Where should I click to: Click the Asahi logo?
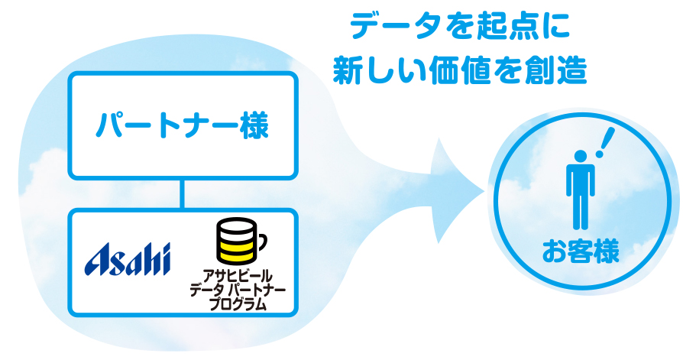coord(127,259)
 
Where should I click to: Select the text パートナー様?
coord(183,125)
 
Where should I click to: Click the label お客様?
coord(581,251)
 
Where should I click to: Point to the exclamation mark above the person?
coord(605,142)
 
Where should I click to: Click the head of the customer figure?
coord(581,156)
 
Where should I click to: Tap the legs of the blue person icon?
coord(581,212)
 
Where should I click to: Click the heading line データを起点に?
coord(460,26)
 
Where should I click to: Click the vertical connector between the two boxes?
coord(182,194)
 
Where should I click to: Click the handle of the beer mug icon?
coord(262,242)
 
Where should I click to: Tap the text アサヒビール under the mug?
coord(238,277)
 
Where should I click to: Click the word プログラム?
coord(238,303)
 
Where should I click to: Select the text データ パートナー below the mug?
coord(238,290)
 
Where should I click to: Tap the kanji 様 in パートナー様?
coord(254,125)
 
